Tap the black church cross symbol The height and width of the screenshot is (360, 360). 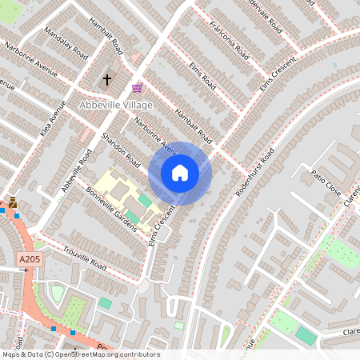107,80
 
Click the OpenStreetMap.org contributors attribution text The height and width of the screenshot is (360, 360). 108,354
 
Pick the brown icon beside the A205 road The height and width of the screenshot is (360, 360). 12,202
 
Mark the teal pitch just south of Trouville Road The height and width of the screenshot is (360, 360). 106,302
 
